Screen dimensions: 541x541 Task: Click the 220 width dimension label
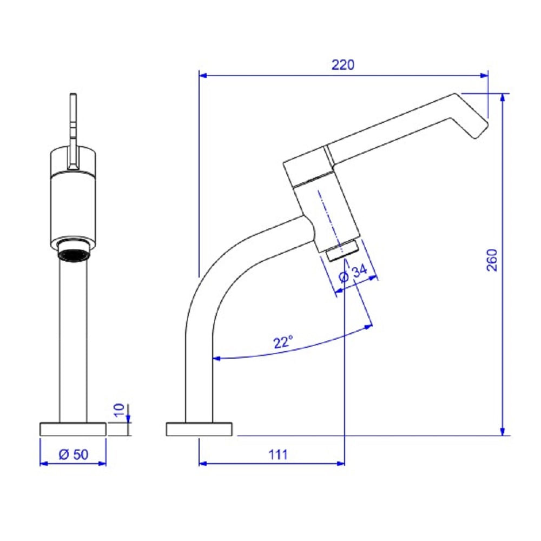(x=342, y=65)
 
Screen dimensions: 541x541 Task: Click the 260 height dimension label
(x=492, y=260)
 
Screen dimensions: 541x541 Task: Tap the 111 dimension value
(x=278, y=455)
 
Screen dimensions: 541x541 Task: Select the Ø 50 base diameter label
(x=74, y=454)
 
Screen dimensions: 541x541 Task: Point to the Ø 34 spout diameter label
(x=353, y=273)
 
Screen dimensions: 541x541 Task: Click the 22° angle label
(x=283, y=342)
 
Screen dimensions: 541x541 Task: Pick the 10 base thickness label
(x=119, y=410)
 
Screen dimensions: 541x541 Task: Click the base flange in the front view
(x=73, y=429)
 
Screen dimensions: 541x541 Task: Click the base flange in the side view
(x=200, y=429)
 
